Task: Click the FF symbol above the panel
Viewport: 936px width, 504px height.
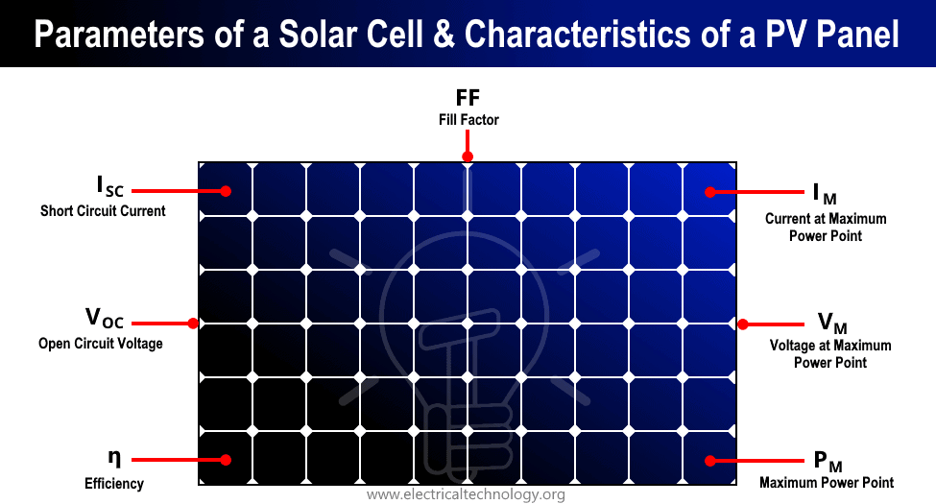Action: point(468,97)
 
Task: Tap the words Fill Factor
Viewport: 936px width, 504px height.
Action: point(468,120)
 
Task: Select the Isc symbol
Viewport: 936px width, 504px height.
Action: point(110,185)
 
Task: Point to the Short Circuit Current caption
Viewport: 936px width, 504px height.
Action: point(103,211)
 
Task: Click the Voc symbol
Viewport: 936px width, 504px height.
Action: point(105,318)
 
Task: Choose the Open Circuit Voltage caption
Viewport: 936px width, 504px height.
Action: point(100,344)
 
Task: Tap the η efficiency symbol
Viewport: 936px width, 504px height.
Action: point(114,457)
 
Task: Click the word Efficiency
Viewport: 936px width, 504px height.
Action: point(114,483)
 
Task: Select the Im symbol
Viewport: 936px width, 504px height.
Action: point(825,194)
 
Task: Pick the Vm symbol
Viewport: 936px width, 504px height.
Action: point(832,324)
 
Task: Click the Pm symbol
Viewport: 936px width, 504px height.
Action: point(828,461)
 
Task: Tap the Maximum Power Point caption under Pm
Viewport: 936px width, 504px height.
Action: point(827,483)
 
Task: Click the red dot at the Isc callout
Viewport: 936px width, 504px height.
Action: point(226,191)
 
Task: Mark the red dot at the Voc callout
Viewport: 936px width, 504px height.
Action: point(193,324)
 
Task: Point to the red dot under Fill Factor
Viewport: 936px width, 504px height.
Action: point(468,156)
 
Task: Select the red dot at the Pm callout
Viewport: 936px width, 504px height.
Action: point(709,461)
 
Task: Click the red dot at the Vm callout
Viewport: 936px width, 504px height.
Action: point(743,324)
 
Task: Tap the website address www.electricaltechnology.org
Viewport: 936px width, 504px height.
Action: point(466,494)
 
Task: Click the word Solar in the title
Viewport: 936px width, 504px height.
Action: point(318,34)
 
